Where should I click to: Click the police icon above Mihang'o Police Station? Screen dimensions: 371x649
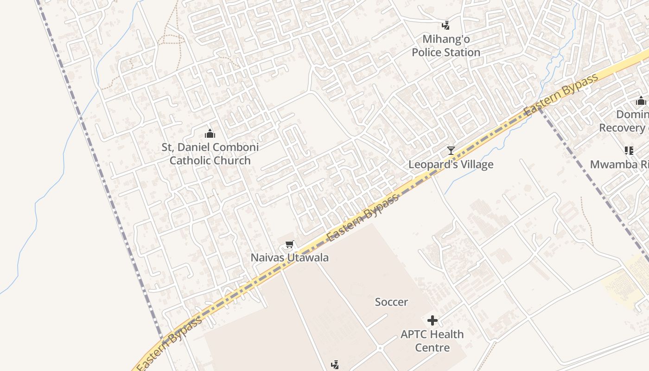click(445, 26)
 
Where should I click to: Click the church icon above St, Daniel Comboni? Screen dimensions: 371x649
click(210, 134)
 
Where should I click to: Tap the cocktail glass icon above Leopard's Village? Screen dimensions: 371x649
click(451, 151)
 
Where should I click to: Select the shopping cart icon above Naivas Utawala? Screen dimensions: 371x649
click(290, 244)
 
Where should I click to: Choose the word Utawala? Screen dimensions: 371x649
click(308, 258)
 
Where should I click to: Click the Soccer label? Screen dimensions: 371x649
click(391, 302)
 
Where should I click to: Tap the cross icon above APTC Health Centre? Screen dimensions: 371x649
click(433, 320)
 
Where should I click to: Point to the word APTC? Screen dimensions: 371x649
click(416, 334)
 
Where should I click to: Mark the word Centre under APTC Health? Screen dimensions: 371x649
click(433, 348)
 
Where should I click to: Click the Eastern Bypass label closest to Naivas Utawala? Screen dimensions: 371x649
click(363, 217)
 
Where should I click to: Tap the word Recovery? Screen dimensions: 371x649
click(621, 128)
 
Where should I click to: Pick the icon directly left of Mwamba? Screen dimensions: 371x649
click(629, 150)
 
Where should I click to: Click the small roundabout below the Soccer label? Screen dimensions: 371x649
click(380, 348)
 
